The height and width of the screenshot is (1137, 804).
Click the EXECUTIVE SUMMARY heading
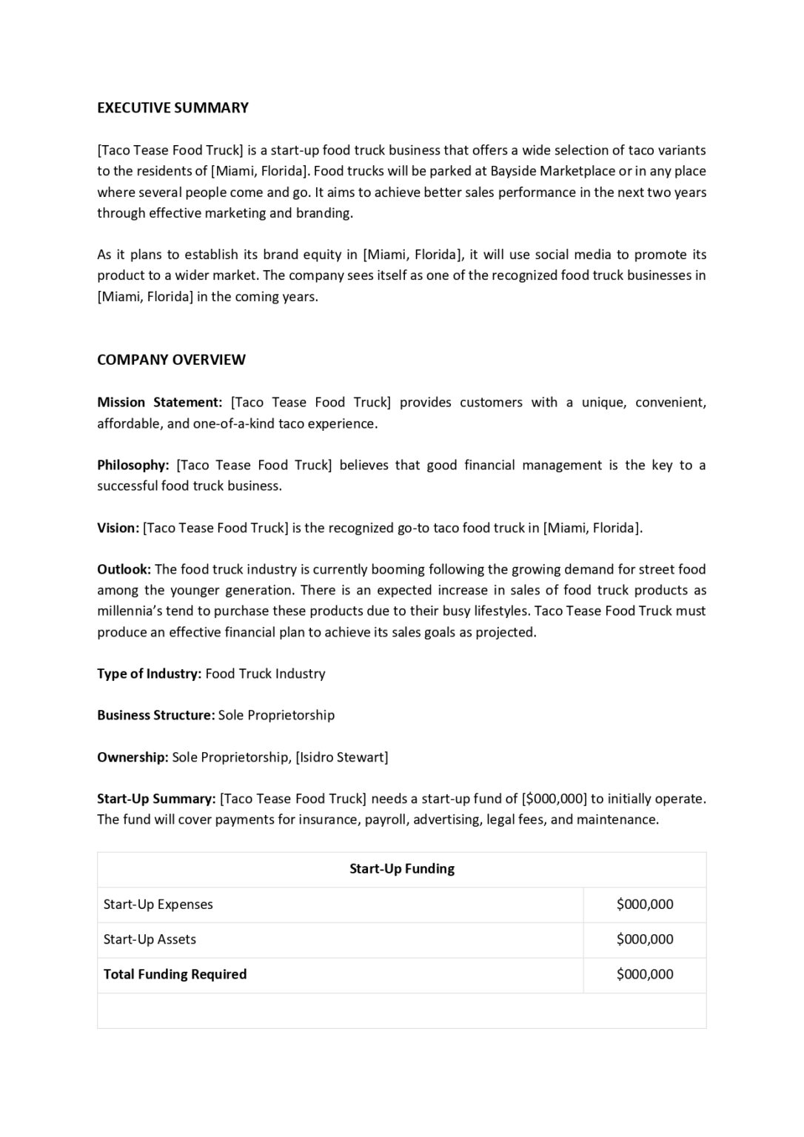172,108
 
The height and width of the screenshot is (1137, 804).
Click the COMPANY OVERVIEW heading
171,360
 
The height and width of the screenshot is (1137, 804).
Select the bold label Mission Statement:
159,403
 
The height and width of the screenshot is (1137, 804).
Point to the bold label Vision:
118,529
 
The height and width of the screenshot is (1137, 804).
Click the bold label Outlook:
124,570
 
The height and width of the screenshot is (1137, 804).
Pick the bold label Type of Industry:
149,674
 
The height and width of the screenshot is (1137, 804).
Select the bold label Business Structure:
155,716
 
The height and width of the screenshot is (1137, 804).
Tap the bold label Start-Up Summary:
156,799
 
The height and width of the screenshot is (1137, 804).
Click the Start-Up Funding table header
401,869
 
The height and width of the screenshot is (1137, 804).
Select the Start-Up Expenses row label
158,905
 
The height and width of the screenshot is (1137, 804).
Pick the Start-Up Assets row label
150,939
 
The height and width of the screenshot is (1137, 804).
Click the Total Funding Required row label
175,975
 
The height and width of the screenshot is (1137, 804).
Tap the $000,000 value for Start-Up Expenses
644,905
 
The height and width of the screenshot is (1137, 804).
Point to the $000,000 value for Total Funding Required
644,975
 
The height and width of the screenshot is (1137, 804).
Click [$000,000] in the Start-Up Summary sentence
554,799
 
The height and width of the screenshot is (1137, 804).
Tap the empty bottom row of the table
401,1010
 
